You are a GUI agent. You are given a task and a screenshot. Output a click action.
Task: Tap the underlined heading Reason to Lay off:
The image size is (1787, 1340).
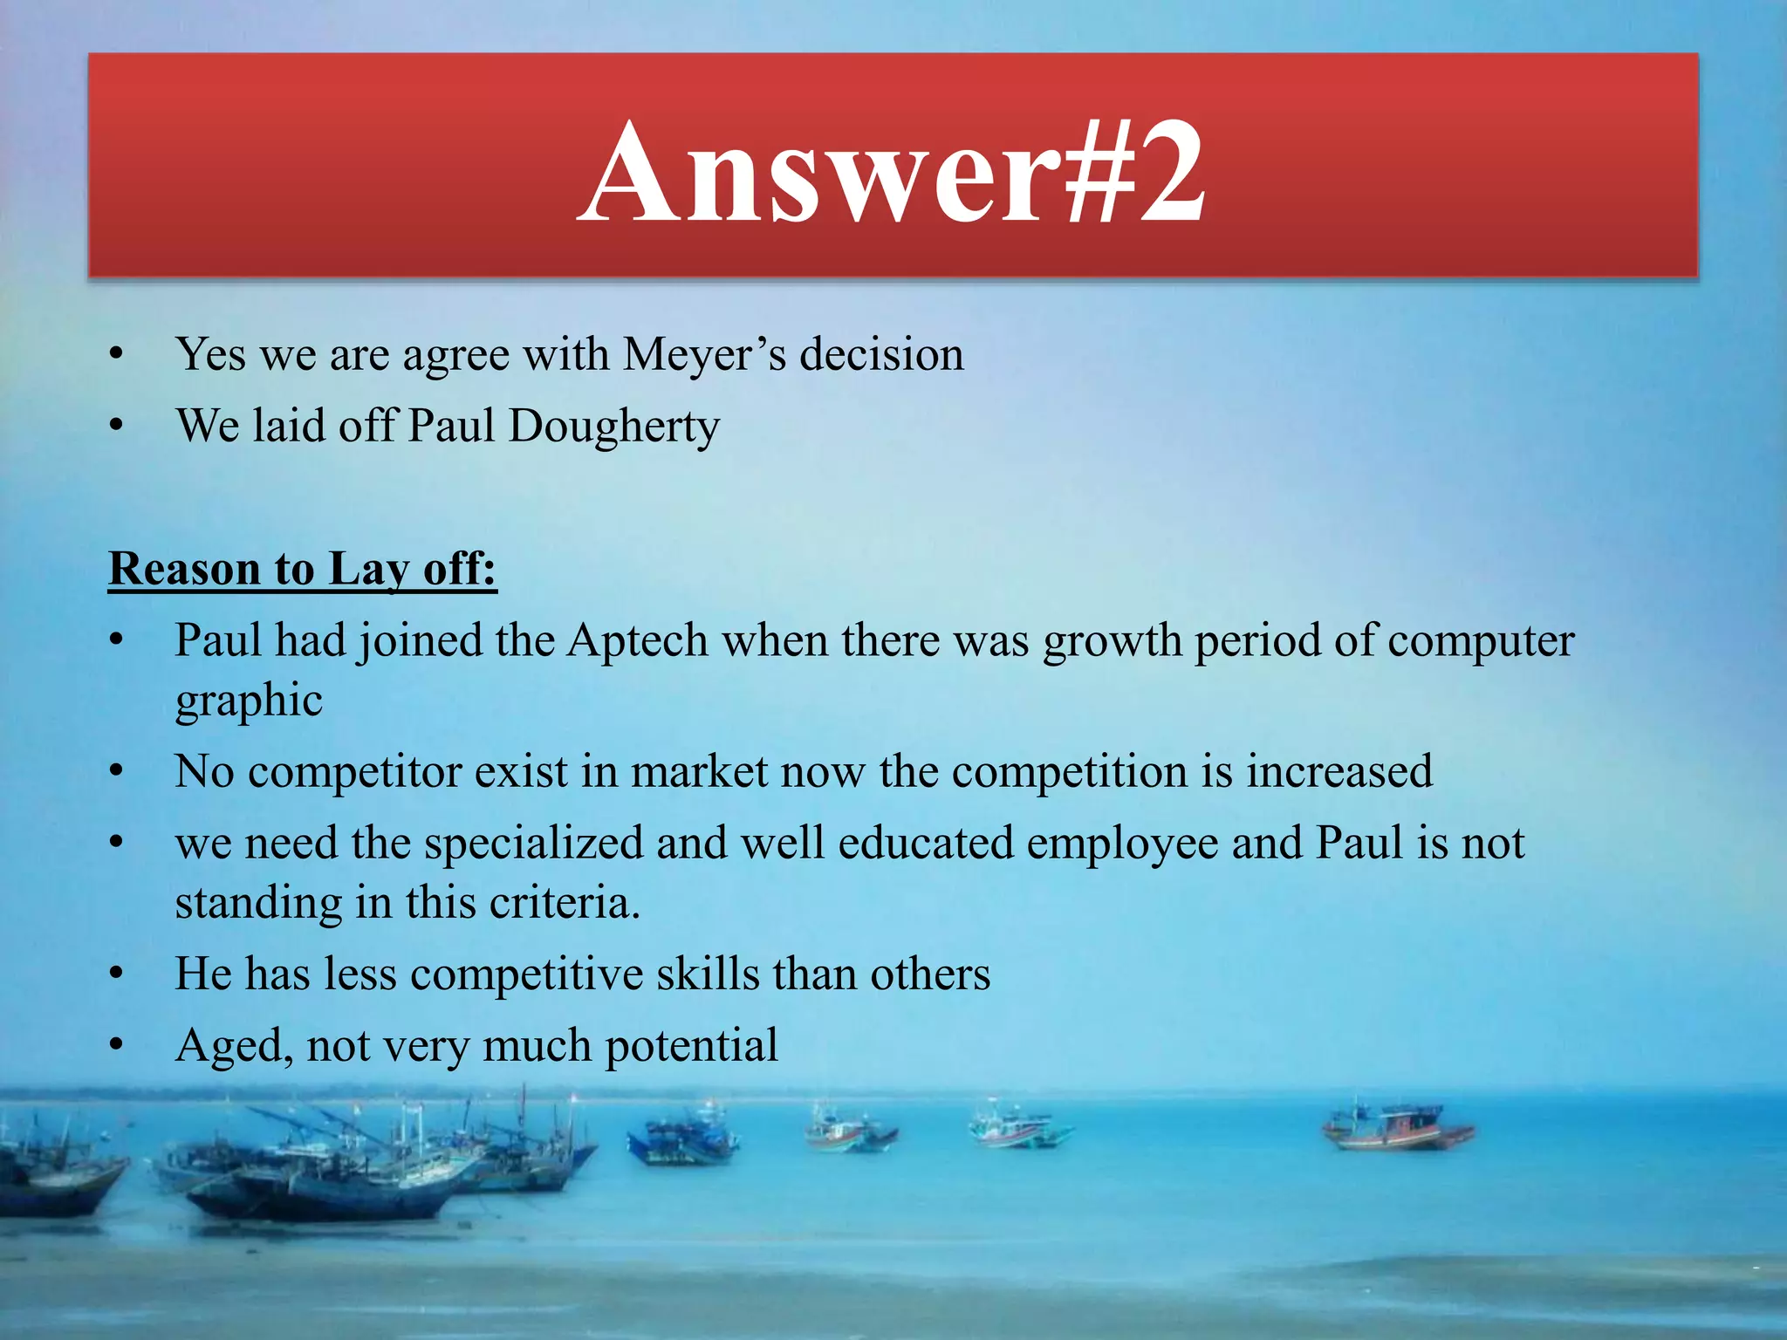(302, 569)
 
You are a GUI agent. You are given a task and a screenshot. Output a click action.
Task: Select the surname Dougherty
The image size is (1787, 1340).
(613, 427)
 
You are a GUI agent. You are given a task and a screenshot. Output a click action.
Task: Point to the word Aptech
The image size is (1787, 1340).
(638, 641)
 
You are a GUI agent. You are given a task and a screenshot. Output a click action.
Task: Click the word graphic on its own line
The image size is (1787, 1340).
(249, 701)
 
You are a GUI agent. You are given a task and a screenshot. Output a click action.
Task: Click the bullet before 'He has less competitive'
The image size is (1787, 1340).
(117, 974)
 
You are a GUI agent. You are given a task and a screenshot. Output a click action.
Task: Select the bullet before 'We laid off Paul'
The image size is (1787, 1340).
(117, 427)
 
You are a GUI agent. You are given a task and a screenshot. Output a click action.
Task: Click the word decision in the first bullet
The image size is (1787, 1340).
(881, 355)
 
